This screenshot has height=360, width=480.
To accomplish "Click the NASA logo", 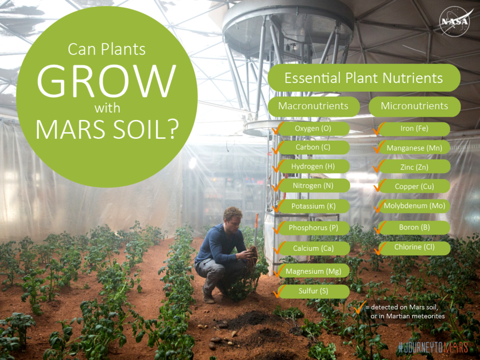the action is (x=454, y=22).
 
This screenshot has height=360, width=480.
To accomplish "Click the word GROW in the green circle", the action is (x=106, y=81).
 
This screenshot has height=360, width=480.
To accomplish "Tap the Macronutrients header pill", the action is (x=313, y=106).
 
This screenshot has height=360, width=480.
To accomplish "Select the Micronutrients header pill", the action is (x=415, y=106).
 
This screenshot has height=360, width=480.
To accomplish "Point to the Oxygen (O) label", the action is (x=313, y=129).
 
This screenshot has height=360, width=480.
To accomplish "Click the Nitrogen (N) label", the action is (x=313, y=186).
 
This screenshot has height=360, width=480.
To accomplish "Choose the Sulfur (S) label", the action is (x=313, y=291).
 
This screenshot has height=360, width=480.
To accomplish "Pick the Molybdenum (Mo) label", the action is (x=414, y=206).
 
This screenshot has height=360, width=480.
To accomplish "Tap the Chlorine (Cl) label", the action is (x=414, y=247).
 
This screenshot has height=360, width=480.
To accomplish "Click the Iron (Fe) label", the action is (x=414, y=129).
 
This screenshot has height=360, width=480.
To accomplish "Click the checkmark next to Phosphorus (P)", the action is (x=278, y=227).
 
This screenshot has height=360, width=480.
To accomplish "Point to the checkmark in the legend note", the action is (x=360, y=307).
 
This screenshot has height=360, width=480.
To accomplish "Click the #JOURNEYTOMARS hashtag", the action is (x=433, y=348).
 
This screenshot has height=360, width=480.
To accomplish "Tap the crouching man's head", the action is (x=232, y=217).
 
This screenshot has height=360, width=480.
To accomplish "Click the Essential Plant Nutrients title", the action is (x=364, y=78).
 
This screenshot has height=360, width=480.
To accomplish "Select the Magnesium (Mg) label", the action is (x=313, y=271).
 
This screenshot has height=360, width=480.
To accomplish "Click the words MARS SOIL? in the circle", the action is (x=107, y=130).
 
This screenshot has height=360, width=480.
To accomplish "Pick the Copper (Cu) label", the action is (x=414, y=187).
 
